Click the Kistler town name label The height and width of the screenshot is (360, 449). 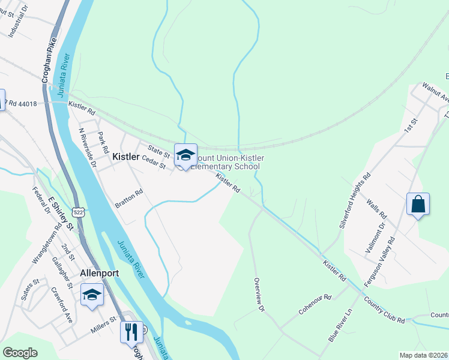click(x=126, y=156)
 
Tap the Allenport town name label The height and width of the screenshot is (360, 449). click(x=100, y=273)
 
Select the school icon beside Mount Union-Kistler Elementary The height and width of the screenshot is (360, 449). click(x=185, y=155)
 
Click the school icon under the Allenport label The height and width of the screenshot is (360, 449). click(x=92, y=295)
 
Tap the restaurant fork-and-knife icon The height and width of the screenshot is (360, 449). click(x=131, y=331)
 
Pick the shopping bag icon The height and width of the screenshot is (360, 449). click(x=417, y=204)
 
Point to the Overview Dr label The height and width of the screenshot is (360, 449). click(x=259, y=295)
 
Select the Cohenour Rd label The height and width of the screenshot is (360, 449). click(x=315, y=305)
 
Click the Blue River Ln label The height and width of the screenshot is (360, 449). click(x=340, y=326)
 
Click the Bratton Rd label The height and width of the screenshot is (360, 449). click(x=129, y=199)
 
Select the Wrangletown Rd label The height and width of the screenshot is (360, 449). click(x=47, y=243)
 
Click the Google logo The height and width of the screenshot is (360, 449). click(x=20, y=352)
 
